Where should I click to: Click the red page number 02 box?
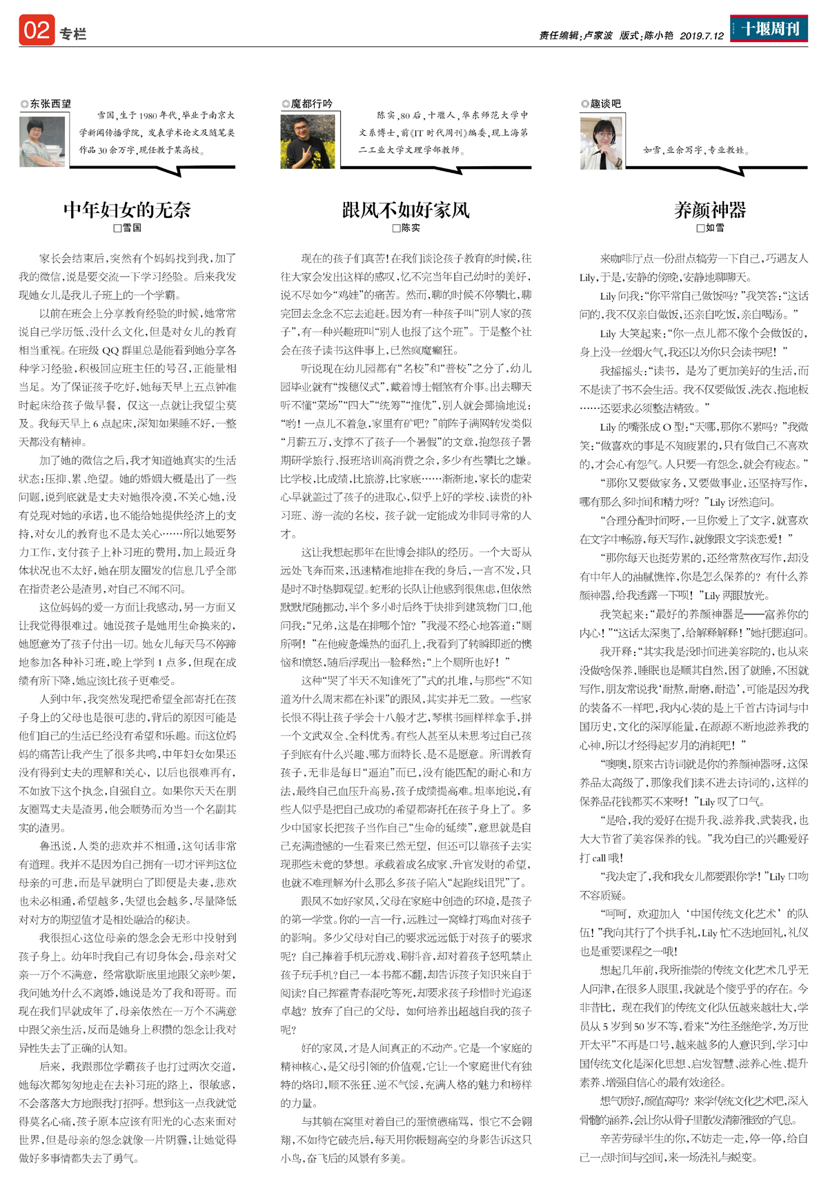click(x=37, y=30)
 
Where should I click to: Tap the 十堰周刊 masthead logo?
click(x=769, y=29)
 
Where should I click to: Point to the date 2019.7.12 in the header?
click(x=701, y=35)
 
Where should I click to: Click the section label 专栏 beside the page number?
click(x=72, y=34)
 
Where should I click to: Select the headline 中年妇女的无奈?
click(x=127, y=210)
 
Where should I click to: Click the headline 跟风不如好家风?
click(x=406, y=210)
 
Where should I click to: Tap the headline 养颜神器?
click(x=710, y=210)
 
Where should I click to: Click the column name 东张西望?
click(x=50, y=104)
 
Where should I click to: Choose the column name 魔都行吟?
click(x=311, y=104)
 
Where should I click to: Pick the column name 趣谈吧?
click(x=605, y=104)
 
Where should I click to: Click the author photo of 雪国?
click(x=42, y=141)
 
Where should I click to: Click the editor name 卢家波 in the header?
click(x=598, y=35)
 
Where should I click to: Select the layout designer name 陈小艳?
click(x=658, y=35)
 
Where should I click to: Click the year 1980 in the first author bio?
click(x=148, y=116)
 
